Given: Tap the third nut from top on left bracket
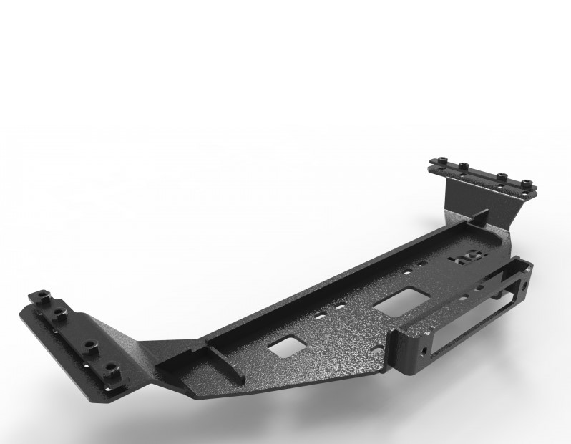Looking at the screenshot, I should pos(89,344).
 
